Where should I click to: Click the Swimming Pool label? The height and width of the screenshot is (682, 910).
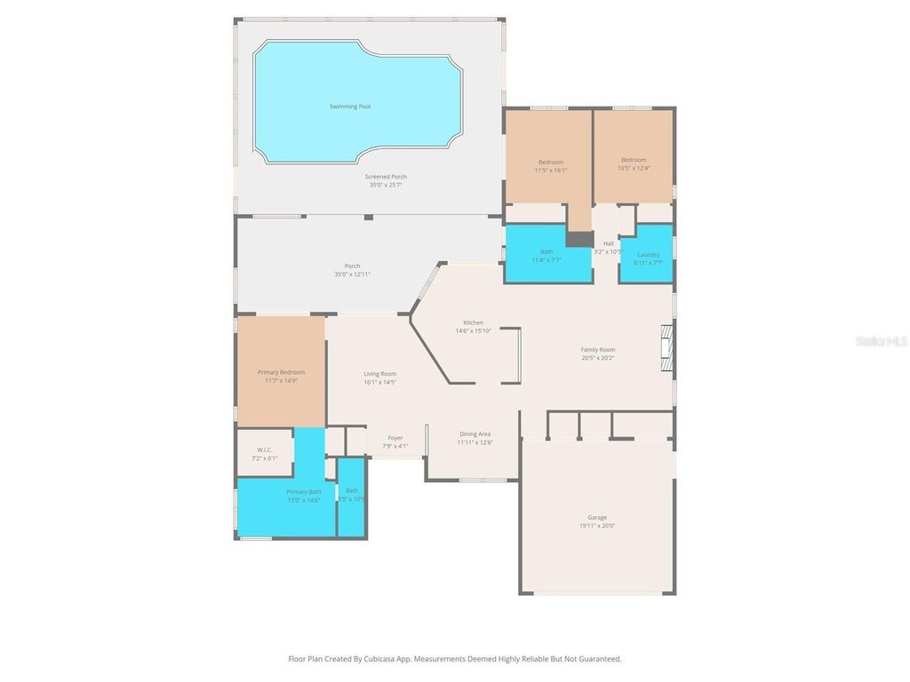pyautogui.click(x=349, y=107)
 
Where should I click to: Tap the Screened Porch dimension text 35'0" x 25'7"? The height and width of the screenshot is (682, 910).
pyautogui.click(x=386, y=186)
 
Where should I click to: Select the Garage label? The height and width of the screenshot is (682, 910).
pyautogui.click(x=596, y=517)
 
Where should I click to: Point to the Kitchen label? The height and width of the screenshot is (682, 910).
pyautogui.click(x=473, y=322)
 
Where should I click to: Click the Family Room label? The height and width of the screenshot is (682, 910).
pyautogui.click(x=597, y=350)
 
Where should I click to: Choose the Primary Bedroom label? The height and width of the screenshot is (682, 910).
pyautogui.click(x=281, y=372)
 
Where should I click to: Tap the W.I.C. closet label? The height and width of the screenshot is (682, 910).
pyautogui.click(x=264, y=450)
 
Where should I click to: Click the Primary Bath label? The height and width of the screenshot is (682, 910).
pyautogui.click(x=303, y=492)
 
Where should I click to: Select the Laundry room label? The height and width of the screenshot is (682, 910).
pyautogui.click(x=648, y=255)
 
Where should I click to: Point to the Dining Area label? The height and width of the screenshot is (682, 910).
pyautogui.click(x=475, y=434)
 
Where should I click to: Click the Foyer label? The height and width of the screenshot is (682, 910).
pyautogui.click(x=395, y=438)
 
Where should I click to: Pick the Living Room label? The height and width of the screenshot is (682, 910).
pyautogui.click(x=379, y=374)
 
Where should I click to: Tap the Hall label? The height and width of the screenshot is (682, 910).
pyautogui.click(x=609, y=243)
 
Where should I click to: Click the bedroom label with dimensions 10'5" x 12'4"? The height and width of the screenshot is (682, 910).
pyautogui.click(x=634, y=160)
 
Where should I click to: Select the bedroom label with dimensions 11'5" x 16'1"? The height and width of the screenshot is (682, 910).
pyautogui.click(x=550, y=162)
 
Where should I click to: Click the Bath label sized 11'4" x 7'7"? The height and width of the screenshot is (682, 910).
pyautogui.click(x=547, y=251)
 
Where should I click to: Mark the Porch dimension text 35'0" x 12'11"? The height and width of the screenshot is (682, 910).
pyautogui.click(x=352, y=274)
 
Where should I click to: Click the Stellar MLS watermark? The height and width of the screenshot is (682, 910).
pyautogui.click(x=881, y=340)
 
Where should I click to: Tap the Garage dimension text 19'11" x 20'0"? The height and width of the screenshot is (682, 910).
pyautogui.click(x=596, y=526)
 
